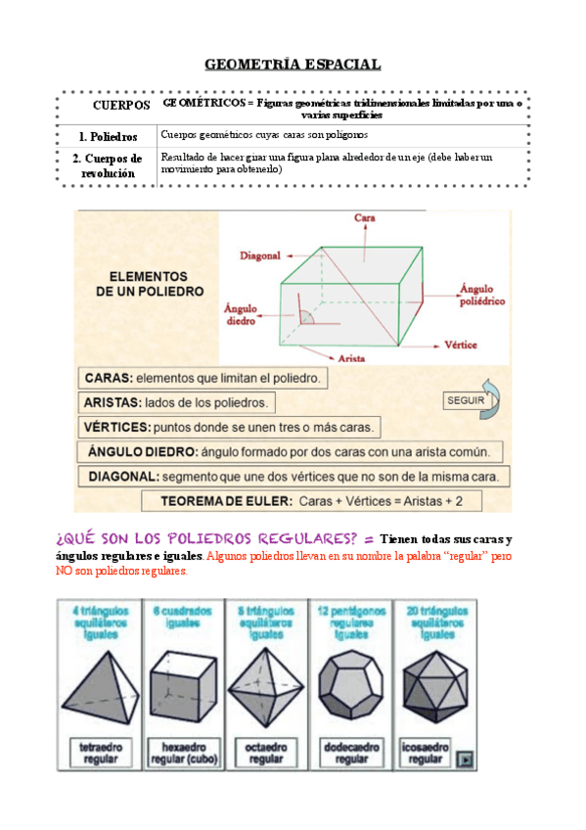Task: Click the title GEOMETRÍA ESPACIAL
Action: click(293, 65)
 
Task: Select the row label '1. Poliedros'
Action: click(108, 137)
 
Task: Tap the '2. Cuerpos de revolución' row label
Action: click(108, 165)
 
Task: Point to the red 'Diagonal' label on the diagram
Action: click(260, 255)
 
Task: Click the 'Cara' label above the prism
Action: click(365, 217)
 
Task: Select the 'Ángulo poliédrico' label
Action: click(482, 296)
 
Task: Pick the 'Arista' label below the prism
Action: click(350, 359)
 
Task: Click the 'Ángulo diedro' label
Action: click(240, 313)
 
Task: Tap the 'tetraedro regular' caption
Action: click(101, 753)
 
